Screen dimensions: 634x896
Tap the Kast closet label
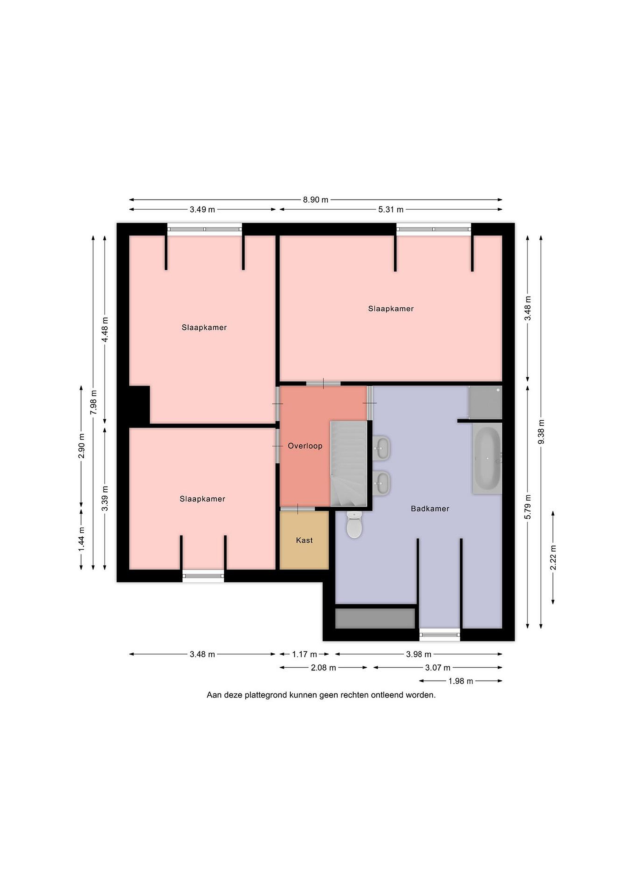point(304,540)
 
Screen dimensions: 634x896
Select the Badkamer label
point(430,508)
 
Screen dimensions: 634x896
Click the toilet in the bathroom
point(355,525)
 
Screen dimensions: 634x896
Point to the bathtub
point(487,459)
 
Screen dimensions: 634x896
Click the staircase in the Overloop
point(349,463)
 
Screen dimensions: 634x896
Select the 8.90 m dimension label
point(315,200)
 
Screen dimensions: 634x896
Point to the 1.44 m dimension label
point(81,539)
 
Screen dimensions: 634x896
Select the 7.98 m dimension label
point(93,402)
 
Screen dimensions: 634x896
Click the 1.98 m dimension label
point(461,681)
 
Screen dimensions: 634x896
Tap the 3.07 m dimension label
point(438,668)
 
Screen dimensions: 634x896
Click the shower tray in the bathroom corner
point(485,402)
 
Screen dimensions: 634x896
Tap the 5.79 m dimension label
point(528,506)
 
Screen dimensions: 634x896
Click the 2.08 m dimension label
point(323,668)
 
